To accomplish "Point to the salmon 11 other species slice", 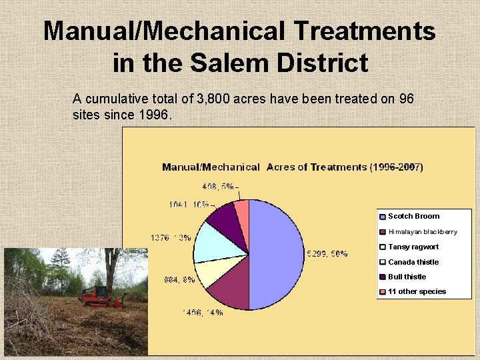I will [242, 210].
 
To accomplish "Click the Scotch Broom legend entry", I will [413, 216].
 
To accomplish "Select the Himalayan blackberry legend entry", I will [422, 232].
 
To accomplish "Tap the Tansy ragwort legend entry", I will [413, 247].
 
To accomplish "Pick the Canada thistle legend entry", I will [413, 262].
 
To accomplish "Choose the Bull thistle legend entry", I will [407, 277].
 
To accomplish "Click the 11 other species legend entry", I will [417, 291].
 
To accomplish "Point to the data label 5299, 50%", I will [326, 253].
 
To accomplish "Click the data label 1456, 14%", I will [203, 313].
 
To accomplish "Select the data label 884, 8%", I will [180, 280].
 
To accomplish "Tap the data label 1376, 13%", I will [171, 237].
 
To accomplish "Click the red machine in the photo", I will [100, 297].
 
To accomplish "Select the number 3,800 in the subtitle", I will [215, 99].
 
